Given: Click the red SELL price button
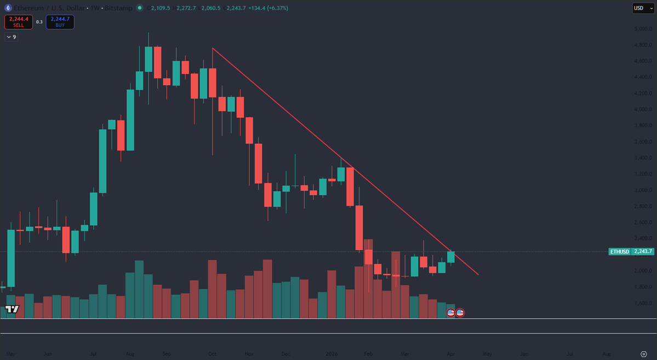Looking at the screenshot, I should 18,22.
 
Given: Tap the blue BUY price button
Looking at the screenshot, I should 60,22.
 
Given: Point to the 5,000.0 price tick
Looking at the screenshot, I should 642,28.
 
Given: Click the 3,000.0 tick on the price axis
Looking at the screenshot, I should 642,190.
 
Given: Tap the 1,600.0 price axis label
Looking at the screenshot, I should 642,303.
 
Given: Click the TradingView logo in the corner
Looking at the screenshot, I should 12,310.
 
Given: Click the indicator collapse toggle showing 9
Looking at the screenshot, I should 11,37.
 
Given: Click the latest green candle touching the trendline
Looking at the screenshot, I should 451,256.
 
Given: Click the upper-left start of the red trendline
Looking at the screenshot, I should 213,49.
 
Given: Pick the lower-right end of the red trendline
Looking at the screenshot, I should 478,275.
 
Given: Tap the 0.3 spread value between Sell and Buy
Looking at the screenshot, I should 39,22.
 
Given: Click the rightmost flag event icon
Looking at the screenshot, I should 460,313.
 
